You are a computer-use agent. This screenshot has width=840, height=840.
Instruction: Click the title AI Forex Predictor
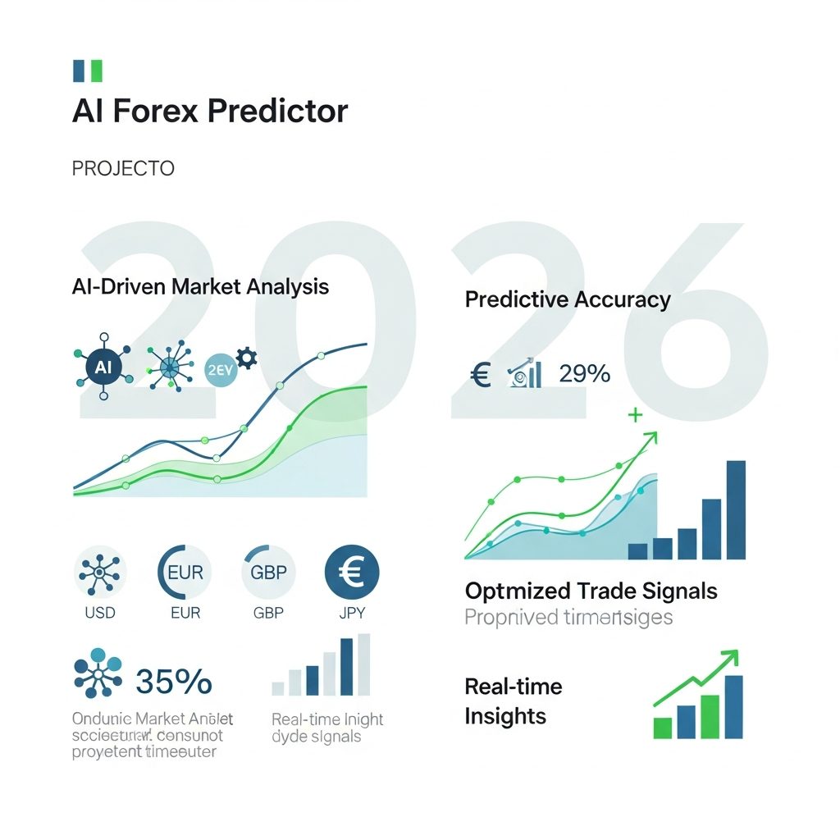210,111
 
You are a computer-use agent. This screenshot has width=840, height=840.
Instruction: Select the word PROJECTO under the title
123,169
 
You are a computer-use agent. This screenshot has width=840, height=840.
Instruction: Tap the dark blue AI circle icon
103,367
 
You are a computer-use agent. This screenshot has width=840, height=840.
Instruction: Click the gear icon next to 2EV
246,358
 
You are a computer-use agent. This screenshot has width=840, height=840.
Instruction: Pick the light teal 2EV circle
219,369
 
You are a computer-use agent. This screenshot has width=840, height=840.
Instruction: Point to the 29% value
584,374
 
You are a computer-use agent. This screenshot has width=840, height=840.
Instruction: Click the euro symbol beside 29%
481,376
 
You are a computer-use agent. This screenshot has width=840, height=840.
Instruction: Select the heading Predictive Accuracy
568,299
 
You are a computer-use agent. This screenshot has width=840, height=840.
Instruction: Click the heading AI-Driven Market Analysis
200,287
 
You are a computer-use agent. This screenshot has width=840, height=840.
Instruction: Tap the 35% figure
173,681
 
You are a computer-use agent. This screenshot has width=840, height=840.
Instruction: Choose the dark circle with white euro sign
352,572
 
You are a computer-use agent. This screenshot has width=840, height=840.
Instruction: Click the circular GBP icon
267,572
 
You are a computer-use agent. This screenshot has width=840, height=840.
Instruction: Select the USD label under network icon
100,614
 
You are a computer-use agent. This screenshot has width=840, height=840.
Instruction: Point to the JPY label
352,614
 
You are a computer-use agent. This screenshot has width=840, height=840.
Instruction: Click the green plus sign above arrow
634,416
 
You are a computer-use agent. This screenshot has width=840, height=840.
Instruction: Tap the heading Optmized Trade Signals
591,591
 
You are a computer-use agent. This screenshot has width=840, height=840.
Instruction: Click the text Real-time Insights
514,701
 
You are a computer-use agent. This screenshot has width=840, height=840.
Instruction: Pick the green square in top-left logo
96,71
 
